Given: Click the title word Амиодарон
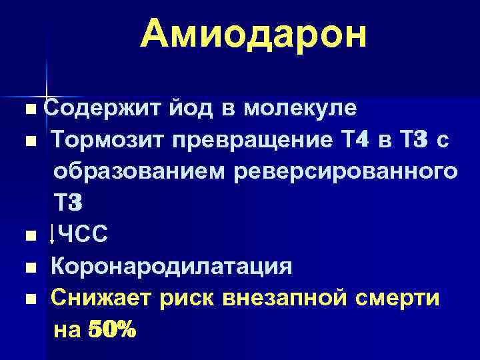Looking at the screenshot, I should [253, 34].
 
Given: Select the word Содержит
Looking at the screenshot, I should [83, 108].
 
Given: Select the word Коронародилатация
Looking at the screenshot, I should [172, 267].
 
